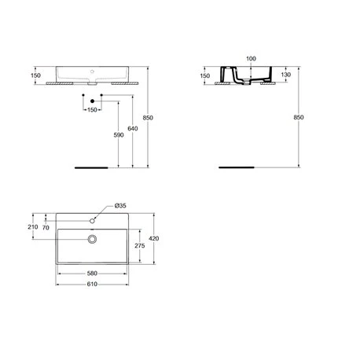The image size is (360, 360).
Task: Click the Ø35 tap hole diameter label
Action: pos(120,206)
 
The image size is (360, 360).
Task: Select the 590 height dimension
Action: pos(119,135)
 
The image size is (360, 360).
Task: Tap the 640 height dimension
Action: pos(133,128)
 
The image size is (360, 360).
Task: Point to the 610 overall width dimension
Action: pos(92,284)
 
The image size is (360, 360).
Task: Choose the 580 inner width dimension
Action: pos(92,274)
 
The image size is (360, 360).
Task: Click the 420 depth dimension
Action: pos(154,238)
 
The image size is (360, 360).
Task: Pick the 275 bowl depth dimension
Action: pos(140,245)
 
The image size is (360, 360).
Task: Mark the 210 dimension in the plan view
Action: pos(33,227)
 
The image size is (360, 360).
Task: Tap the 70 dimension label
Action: pos(46,228)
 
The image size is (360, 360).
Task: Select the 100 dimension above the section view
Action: pos(251,59)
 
